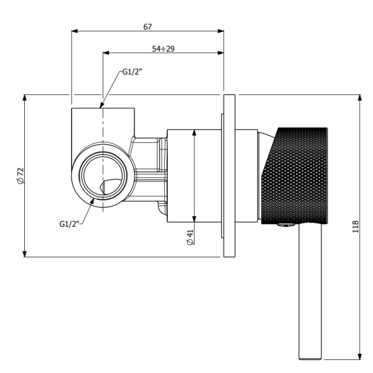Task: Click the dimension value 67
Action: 147,27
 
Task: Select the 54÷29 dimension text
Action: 163,48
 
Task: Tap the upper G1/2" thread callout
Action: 132,71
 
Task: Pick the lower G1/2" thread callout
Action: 69,224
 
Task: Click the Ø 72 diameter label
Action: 21,175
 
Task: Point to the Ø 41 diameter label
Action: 190,237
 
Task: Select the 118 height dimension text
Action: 355,227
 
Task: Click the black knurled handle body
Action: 295,176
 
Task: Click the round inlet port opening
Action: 103,175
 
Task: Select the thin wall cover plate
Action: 229,176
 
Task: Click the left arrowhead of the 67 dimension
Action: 75,31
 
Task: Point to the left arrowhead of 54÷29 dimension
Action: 106,53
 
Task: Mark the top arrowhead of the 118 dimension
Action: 360,98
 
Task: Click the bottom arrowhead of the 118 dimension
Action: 360,356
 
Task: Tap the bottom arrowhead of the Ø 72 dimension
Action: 24,254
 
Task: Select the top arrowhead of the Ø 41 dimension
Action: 195,133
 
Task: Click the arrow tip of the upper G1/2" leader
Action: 100,108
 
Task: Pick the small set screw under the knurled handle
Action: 287,226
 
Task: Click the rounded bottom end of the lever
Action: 310,358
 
